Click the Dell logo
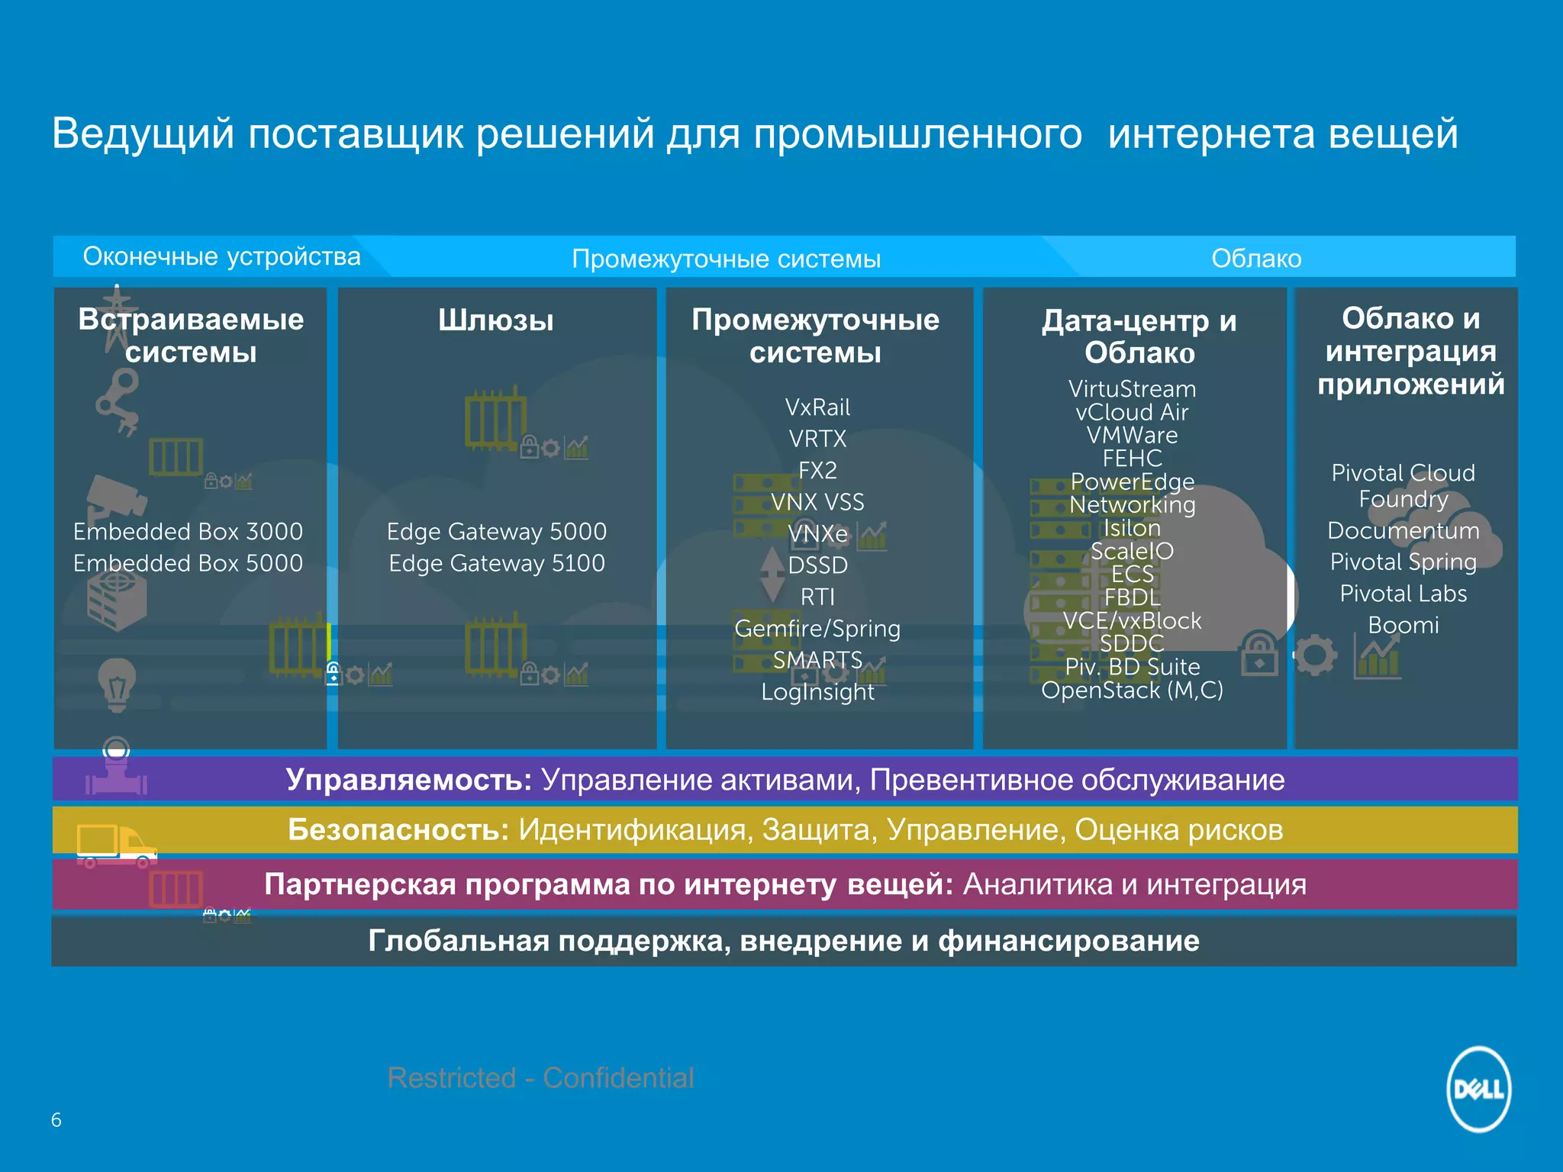coord(1478,1089)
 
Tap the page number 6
coord(56,1119)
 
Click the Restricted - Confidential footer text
coord(540,1077)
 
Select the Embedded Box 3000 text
coord(188,531)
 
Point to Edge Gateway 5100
coord(497,563)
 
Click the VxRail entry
coord(817,407)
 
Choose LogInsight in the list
coord(817,691)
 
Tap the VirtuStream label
coord(1132,389)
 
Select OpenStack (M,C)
coord(1132,691)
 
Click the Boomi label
coord(1403,625)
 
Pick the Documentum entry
coord(1403,530)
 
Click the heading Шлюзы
coord(496,320)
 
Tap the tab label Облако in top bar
coord(1256,259)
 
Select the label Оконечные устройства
coord(221,256)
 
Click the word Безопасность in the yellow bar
coord(398,829)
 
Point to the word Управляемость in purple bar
coord(408,780)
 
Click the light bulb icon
coord(117,684)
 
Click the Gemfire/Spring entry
coord(817,628)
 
